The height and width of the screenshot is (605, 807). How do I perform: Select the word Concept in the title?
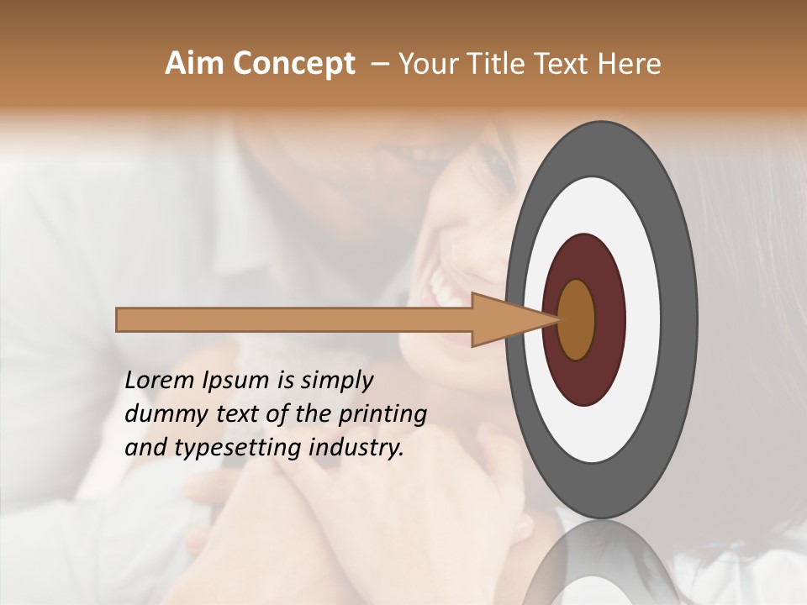293,64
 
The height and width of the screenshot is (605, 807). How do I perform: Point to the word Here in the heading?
630,64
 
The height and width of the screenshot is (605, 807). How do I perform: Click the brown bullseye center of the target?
577,319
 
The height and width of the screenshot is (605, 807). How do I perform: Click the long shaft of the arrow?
294,320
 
